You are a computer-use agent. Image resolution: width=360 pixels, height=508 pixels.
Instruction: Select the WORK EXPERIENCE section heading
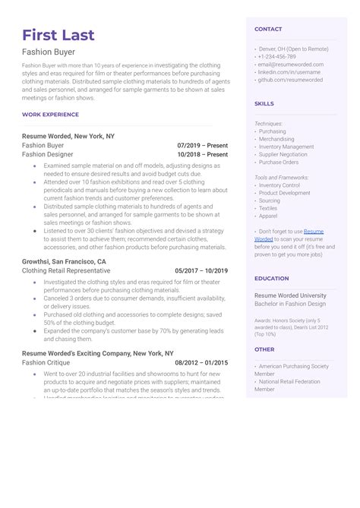(50, 115)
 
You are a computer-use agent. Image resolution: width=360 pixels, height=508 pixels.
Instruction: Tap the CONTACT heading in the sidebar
(268, 29)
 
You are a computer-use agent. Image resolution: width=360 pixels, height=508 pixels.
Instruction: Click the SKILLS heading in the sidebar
(264, 104)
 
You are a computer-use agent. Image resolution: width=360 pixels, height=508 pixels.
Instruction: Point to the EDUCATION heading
(271, 279)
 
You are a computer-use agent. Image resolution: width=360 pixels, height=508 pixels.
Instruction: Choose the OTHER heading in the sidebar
(264, 350)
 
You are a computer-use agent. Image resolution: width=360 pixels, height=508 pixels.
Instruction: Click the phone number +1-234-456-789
(278, 56)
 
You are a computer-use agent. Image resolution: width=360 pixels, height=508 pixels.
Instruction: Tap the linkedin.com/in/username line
(290, 72)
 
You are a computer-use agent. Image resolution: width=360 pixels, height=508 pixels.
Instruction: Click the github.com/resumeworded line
(290, 80)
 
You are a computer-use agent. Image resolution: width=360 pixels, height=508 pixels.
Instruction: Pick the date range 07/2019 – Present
(202, 145)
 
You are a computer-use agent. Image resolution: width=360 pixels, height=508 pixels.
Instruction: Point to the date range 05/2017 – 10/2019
(201, 270)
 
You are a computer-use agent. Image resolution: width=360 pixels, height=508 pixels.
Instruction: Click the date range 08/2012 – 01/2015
(201, 364)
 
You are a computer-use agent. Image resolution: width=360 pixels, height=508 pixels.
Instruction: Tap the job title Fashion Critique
(46, 364)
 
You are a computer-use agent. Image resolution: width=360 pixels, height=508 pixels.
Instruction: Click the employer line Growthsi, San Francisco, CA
(64, 261)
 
